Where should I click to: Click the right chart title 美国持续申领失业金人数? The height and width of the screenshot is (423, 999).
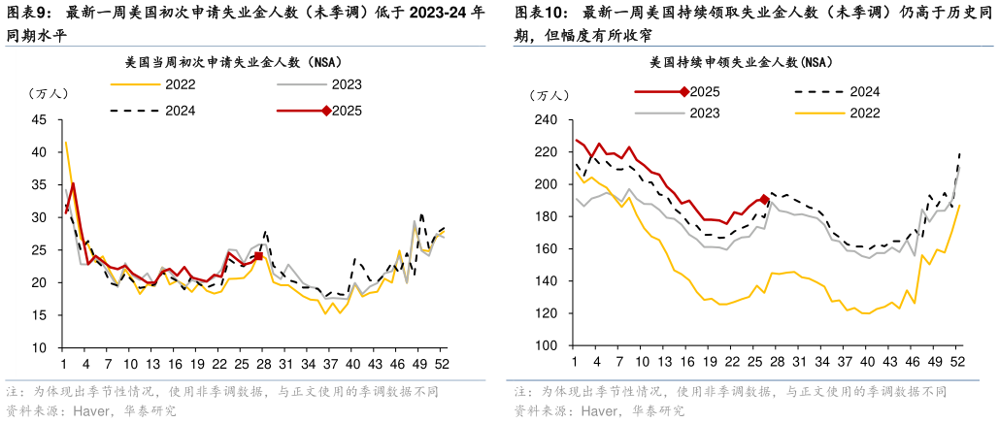tap(741, 62)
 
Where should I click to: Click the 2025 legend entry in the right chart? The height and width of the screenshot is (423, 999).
tap(705, 92)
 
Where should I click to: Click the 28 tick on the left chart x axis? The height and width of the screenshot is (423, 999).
tap(263, 365)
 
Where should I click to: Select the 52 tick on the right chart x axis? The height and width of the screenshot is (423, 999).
tap(955, 363)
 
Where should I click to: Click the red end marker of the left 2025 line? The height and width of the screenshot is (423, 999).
tap(258, 256)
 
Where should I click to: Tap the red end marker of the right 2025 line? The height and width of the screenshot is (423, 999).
tap(764, 200)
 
